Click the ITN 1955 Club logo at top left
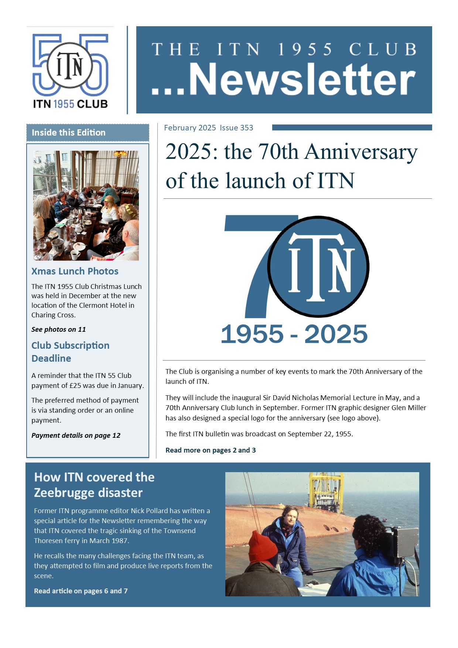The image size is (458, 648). pos(70,70)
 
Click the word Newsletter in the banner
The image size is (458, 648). pos(302,79)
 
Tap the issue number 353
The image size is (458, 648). pos(247,128)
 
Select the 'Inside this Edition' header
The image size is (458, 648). pos(69,133)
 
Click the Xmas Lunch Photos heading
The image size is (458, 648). pos(75,271)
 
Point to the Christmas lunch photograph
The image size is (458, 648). pos(86,205)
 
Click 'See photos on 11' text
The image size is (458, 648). pos(58,329)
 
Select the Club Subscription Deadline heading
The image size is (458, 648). pos(70,352)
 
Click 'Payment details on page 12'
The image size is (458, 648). pos(76,435)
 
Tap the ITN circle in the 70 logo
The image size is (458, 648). pos(318,267)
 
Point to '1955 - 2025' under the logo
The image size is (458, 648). pos(294,334)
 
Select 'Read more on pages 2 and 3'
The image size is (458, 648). pos(211,450)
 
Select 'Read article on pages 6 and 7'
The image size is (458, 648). pos(81,591)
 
